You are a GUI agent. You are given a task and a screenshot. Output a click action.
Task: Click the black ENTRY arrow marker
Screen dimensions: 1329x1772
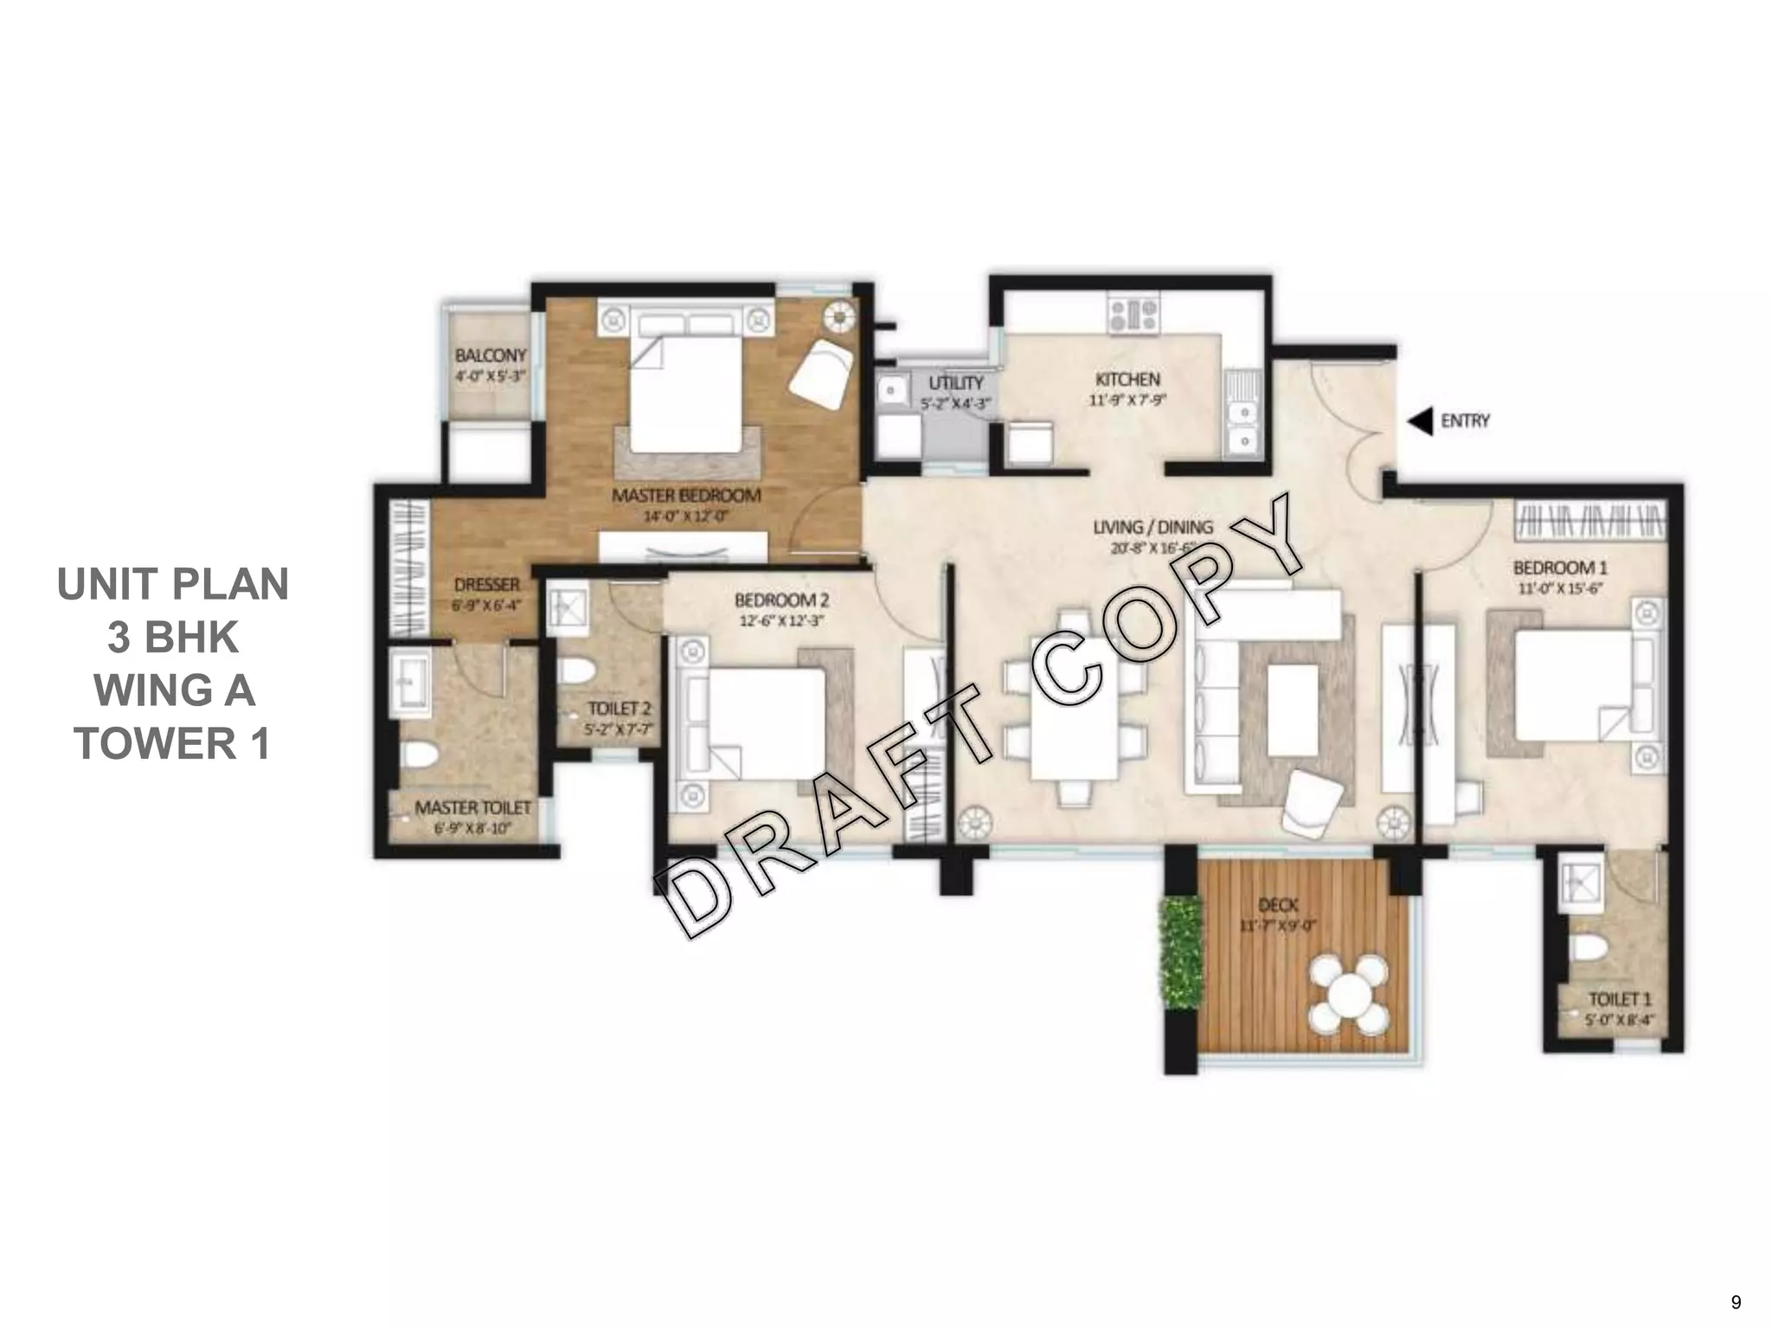1420,421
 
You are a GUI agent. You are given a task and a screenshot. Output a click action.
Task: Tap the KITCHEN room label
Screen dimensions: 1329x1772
1127,379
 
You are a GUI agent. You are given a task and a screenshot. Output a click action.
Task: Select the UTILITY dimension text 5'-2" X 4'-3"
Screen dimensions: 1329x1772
955,403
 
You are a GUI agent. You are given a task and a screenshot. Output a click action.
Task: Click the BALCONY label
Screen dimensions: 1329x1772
491,356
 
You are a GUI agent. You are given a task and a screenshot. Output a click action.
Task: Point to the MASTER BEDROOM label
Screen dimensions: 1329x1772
686,496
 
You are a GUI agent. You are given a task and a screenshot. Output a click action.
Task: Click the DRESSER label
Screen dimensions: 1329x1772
486,585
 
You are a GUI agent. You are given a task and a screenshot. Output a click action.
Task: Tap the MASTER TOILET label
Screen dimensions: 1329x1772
472,807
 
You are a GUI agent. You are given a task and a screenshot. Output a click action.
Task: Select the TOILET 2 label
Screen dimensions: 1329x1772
619,709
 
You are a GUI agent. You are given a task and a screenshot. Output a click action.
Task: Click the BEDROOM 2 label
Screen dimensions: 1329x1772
781,600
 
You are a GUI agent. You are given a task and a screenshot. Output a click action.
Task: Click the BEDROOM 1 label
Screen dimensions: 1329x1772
1559,568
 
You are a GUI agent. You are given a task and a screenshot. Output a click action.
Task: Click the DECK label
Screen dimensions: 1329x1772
1277,905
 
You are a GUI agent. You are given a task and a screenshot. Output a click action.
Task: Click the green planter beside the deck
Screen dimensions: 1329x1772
1182,953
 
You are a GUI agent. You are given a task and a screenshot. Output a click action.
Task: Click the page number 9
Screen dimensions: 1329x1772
1736,1302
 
